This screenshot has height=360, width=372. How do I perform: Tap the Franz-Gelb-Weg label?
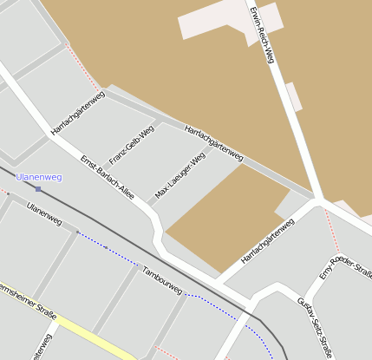(x=131, y=145)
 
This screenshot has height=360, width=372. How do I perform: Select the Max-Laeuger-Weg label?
(x=179, y=173)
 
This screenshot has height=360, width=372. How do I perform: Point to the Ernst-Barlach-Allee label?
(x=107, y=177)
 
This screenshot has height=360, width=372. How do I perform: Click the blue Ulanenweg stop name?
(x=39, y=177)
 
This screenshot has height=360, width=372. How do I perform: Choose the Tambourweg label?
(x=162, y=279)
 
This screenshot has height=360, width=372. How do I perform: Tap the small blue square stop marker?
(x=38, y=188)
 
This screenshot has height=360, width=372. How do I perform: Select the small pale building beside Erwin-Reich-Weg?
(x=294, y=96)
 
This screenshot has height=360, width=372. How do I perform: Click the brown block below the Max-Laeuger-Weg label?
(x=222, y=217)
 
